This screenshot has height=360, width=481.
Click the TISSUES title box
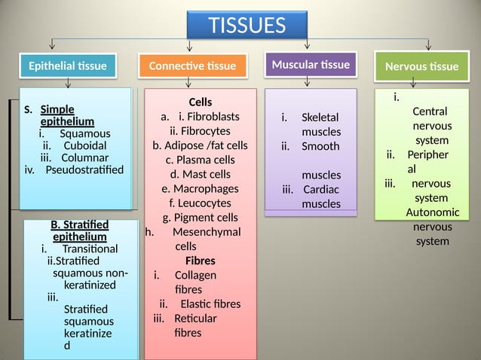point(247,26)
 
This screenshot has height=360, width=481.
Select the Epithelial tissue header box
point(67,66)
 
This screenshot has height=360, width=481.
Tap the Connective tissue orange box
point(192,66)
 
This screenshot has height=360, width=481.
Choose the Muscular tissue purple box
point(311,65)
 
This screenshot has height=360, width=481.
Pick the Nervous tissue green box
point(421,66)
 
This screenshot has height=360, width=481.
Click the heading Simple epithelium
point(66,115)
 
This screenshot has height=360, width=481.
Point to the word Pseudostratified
point(84,169)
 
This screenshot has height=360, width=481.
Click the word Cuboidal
point(84,145)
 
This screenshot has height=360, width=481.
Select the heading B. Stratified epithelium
point(78,230)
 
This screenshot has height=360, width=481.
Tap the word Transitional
point(90,249)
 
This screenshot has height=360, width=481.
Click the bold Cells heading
point(200,102)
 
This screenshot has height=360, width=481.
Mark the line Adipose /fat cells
point(200,145)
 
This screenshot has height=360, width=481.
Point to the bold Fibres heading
point(200,261)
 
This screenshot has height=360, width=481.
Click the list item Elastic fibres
point(210,304)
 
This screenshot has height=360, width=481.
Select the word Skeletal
point(320,118)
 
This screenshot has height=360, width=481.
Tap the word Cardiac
point(321,189)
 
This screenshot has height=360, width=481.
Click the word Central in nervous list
point(430,111)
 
